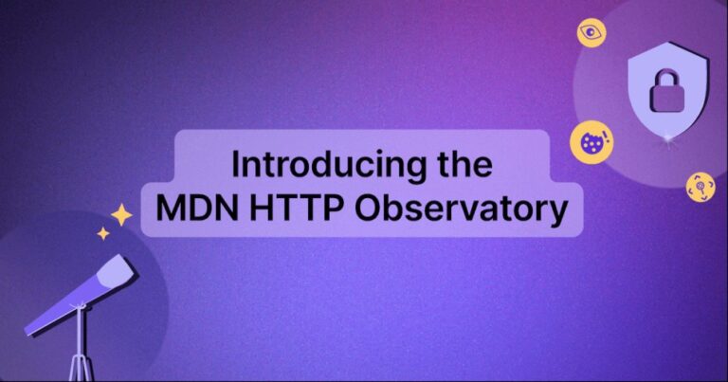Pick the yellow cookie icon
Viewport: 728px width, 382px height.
click(x=591, y=143)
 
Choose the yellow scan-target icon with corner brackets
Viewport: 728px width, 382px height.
click(x=700, y=185)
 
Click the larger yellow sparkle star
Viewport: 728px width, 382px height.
click(x=121, y=215)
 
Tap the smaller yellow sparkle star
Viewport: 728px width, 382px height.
click(x=102, y=233)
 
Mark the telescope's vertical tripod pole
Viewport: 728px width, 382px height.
click(x=82, y=341)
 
